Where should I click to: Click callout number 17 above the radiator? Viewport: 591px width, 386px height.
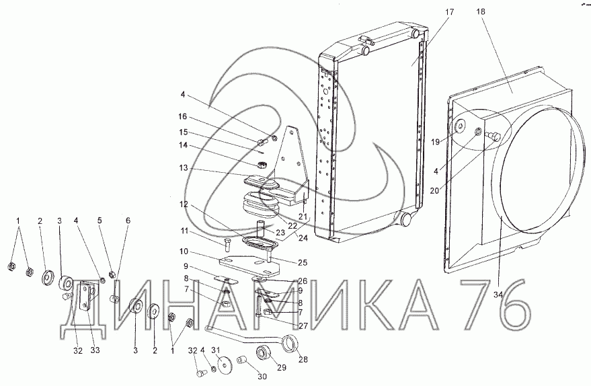click(449, 11)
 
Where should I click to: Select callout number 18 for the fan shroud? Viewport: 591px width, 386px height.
click(481, 11)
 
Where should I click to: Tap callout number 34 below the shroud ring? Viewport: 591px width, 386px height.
click(498, 295)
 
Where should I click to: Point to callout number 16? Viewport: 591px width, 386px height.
click(182, 116)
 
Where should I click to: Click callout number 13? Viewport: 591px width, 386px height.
click(183, 167)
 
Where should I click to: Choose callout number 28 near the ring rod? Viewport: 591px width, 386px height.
click(303, 359)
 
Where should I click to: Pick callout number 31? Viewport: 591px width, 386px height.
click(215, 350)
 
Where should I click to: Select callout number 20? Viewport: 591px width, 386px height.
click(434, 191)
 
